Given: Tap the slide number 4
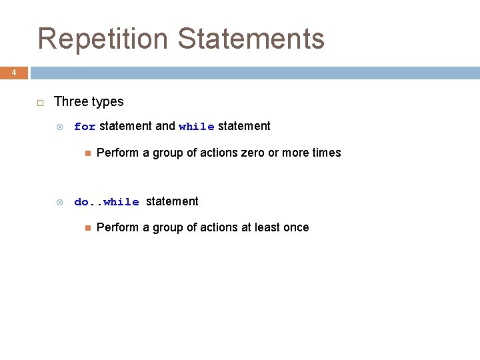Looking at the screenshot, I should (13, 73).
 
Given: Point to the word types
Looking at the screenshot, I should (108, 102).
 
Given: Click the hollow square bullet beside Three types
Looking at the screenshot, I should (40, 102).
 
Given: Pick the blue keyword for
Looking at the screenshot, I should (85, 127).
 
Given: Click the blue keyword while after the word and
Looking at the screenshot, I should (197, 127).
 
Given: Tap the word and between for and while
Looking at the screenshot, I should (165, 126).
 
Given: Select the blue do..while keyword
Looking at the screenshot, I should (107, 202).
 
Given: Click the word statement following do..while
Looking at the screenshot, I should (172, 201).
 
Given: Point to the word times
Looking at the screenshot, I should (326, 153).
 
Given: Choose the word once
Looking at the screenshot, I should (295, 227).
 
